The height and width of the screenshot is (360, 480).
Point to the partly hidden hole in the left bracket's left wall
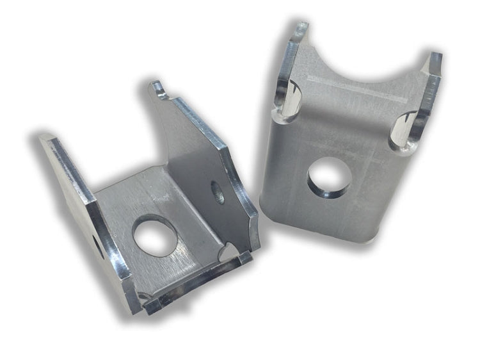tap(97, 243)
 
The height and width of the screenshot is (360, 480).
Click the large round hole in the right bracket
tap(328, 176)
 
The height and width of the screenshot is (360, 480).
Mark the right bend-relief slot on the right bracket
tap(404, 128)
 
